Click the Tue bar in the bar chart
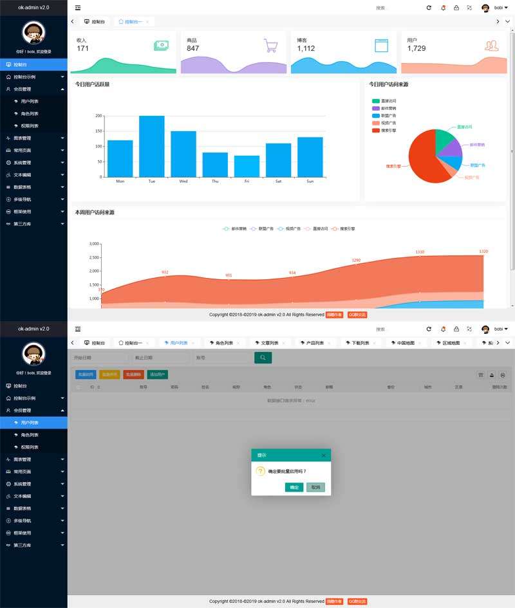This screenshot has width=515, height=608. point(152,147)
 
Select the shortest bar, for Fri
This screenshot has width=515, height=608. point(247,167)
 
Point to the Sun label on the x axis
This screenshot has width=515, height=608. point(310,181)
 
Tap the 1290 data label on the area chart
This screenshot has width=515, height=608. point(356,261)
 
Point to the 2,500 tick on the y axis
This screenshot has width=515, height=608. point(94,258)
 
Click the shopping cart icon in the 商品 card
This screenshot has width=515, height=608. point(271,46)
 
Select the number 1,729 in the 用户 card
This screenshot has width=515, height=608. point(417,48)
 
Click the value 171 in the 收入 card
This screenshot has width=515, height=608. point(83,48)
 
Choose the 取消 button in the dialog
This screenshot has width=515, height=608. point(315,487)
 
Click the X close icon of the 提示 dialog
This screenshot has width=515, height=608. point(323,456)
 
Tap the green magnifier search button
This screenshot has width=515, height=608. point(263,358)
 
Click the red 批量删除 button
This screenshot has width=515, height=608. point(133,374)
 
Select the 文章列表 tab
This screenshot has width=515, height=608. point(265,343)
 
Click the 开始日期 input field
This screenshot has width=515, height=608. point(99,358)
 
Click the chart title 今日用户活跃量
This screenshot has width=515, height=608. point(92,84)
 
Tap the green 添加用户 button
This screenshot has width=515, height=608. point(158,374)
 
